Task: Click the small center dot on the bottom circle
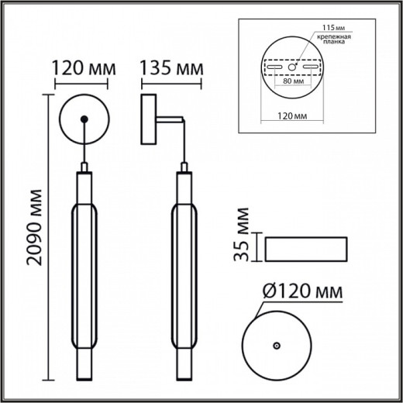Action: tap(276, 344)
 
